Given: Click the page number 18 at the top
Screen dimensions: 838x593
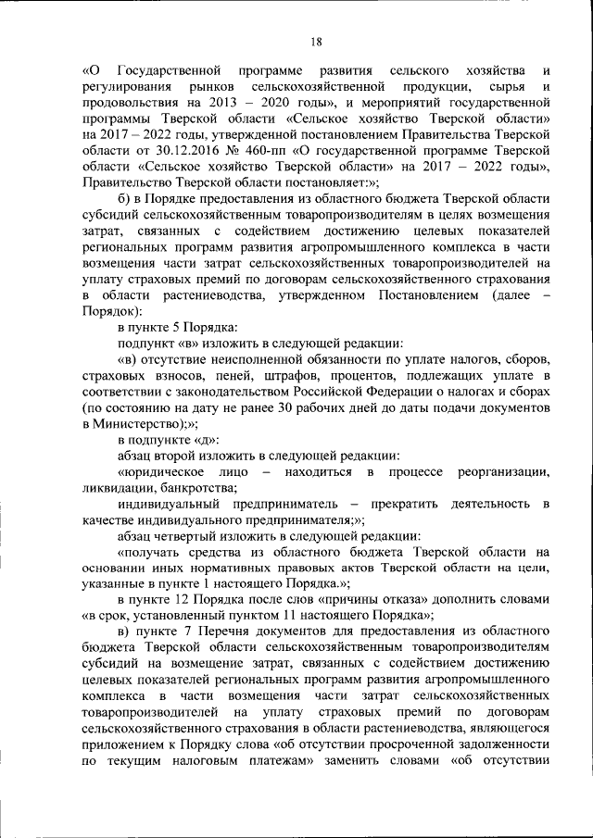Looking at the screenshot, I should [315, 42].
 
